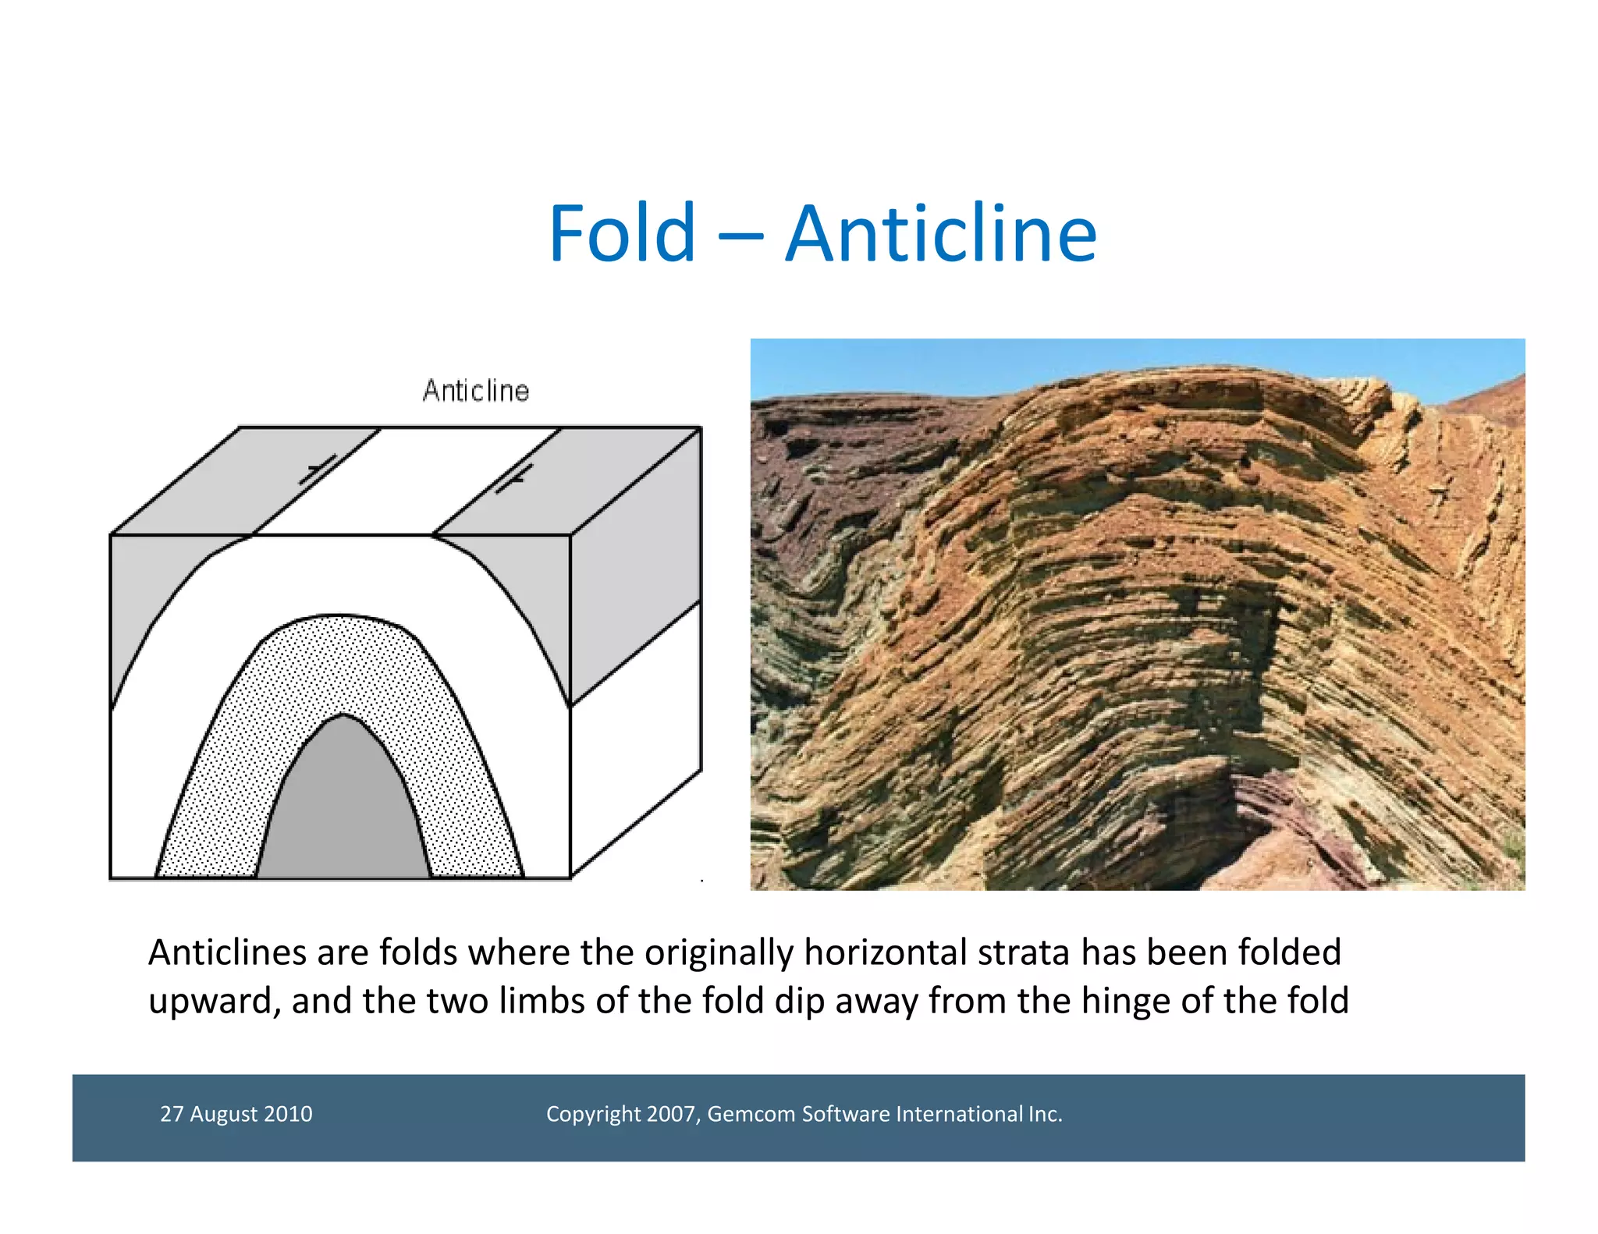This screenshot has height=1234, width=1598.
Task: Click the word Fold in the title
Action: click(x=621, y=233)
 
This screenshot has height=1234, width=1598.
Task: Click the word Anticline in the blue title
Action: click(x=940, y=233)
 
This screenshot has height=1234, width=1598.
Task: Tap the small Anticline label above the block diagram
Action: click(x=475, y=391)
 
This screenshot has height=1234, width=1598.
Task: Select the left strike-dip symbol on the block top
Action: click(x=318, y=470)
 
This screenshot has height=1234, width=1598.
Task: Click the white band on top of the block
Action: click(x=406, y=480)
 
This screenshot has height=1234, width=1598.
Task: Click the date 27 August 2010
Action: click(x=236, y=1113)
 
